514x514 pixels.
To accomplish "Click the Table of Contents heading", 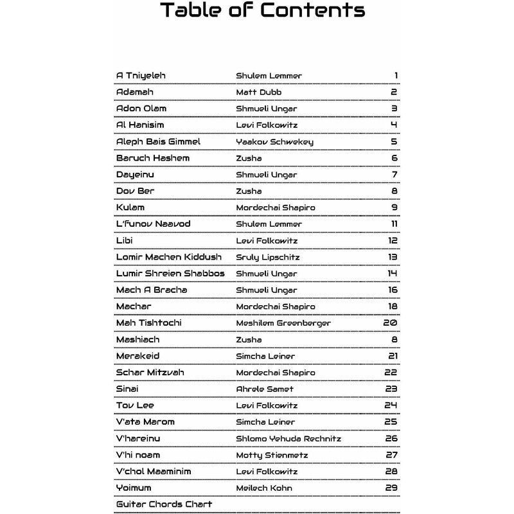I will click(262, 11).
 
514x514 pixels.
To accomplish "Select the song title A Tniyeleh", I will click(141, 76).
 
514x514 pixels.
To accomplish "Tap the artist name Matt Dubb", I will click(259, 93).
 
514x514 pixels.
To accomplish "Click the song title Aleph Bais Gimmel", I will click(158, 141).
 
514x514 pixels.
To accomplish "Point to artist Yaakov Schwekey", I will click(274, 142).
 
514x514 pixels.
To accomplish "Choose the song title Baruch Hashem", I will click(153, 158).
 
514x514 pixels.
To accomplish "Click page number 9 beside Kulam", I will click(394, 208).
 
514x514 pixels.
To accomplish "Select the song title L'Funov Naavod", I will click(154, 224).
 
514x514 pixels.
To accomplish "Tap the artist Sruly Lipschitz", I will click(268, 257).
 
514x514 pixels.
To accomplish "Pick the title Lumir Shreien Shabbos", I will click(170, 273).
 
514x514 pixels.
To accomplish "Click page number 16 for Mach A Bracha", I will click(393, 290).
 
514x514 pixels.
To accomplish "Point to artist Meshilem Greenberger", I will click(283, 323).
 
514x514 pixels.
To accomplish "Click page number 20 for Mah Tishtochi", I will click(391, 323).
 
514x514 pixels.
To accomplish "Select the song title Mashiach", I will click(137, 339).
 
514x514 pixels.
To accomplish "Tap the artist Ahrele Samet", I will click(265, 389).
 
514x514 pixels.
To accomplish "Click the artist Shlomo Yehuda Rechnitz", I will click(288, 438).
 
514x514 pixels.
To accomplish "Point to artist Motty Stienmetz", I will click(272, 455).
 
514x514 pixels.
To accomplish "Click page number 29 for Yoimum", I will click(392, 488).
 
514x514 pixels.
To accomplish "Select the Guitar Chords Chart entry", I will click(164, 504).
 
